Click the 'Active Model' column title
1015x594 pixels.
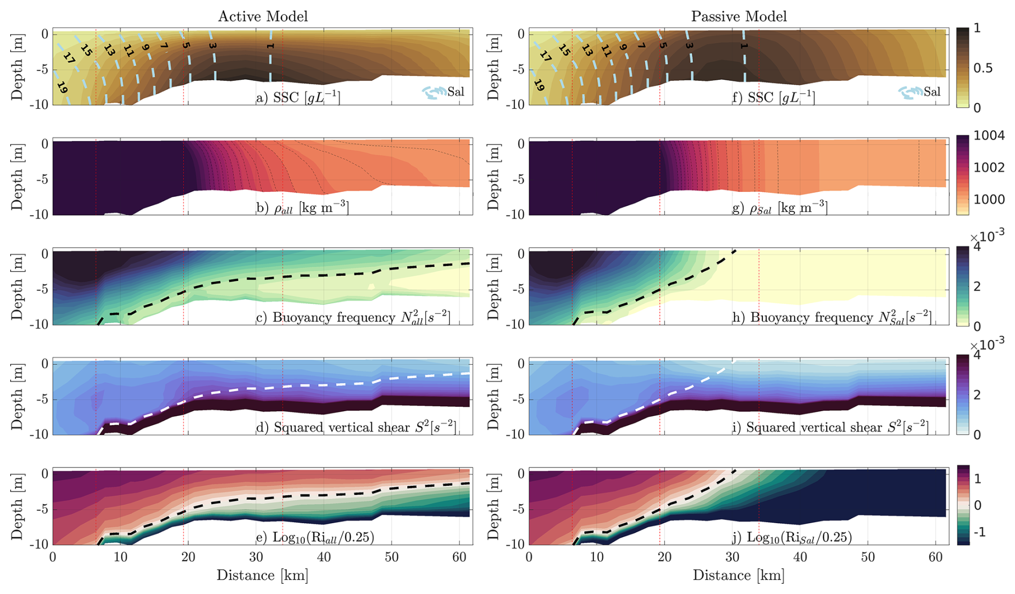coord(263,17)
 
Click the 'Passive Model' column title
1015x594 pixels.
coord(739,17)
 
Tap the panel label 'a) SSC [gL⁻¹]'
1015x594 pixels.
coord(298,98)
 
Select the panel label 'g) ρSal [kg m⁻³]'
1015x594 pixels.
coord(779,207)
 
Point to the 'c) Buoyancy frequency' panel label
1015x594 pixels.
coord(353,317)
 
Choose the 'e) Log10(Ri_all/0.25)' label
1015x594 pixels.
coord(315,537)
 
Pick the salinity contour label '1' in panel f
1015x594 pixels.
coord(744,47)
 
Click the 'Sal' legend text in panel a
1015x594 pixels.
coord(456,92)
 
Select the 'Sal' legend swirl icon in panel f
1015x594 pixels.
coord(910,93)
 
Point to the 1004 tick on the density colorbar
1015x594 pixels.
coord(990,136)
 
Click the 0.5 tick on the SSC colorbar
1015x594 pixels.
coord(983,68)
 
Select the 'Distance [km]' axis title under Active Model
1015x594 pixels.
coord(262,576)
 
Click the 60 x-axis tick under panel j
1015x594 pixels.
coord(935,557)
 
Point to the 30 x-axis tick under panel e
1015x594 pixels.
coord(256,557)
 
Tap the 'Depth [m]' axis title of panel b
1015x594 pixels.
coord(17,177)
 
